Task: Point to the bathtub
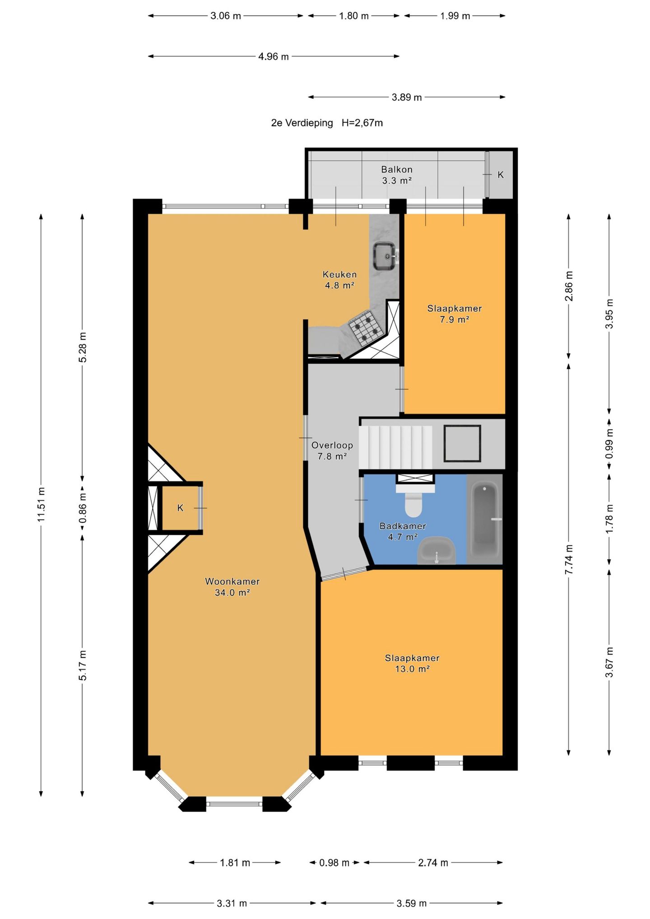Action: [x=485, y=519]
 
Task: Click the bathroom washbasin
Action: [x=436, y=551]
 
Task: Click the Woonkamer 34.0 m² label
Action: [x=232, y=587]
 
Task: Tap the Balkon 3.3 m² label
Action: [x=397, y=175]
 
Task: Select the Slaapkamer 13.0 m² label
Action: [x=412, y=664]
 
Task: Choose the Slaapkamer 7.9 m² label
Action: [x=455, y=314]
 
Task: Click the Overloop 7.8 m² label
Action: [x=332, y=450]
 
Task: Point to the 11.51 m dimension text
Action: [x=41, y=505]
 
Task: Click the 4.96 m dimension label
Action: [x=274, y=56]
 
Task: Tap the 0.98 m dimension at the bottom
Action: [x=334, y=863]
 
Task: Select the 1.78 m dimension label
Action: [x=609, y=518]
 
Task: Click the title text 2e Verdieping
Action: [x=302, y=123]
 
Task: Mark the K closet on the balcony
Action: [x=501, y=175]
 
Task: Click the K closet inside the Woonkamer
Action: [x=180, y=508]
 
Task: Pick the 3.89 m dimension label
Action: [x=407, y=97]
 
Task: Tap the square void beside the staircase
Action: [x=462, y=443]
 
